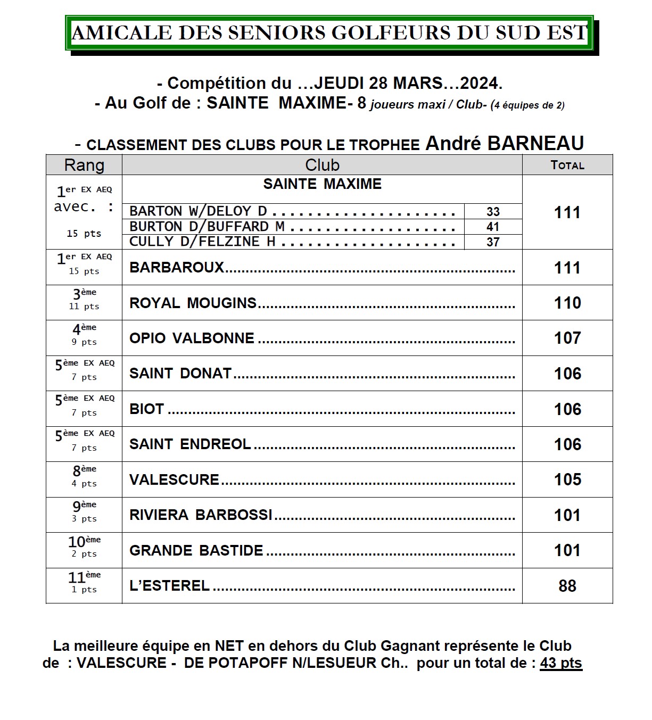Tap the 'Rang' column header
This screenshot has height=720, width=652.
pos(84,165)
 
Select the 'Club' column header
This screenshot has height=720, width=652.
pos(322,165)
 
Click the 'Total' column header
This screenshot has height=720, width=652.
pos(567,165)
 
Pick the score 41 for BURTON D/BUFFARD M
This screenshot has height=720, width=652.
pos(493,227)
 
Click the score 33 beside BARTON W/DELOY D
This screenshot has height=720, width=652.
pos(493,212)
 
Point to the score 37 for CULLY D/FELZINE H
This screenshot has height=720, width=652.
pos(493,242)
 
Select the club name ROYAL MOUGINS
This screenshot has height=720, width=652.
pos(193,303)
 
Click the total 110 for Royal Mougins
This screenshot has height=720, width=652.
pos(567,303)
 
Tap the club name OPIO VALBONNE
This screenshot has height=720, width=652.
pos(192,338)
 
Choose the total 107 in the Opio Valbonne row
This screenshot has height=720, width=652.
pos(567,338)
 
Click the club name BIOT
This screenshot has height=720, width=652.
pos(146,409)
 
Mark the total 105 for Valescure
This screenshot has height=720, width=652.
pos(567,479)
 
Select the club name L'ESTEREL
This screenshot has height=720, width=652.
pos(169,585)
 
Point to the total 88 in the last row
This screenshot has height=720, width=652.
pos(567,586)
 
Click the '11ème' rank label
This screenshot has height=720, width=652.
pos(84,577)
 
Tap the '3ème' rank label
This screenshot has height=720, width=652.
pos(84,294)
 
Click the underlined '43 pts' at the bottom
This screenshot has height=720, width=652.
pos(561,663)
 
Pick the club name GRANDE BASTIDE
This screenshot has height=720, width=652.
pos(196,550)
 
